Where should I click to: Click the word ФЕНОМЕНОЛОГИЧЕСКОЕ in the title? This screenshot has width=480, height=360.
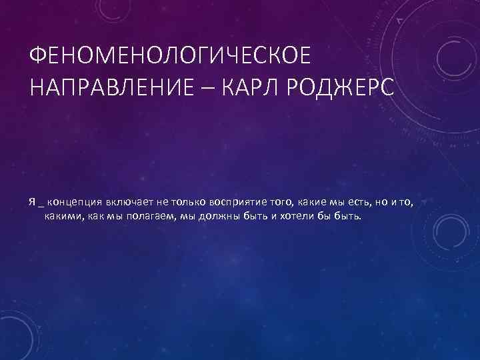(170, 57)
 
